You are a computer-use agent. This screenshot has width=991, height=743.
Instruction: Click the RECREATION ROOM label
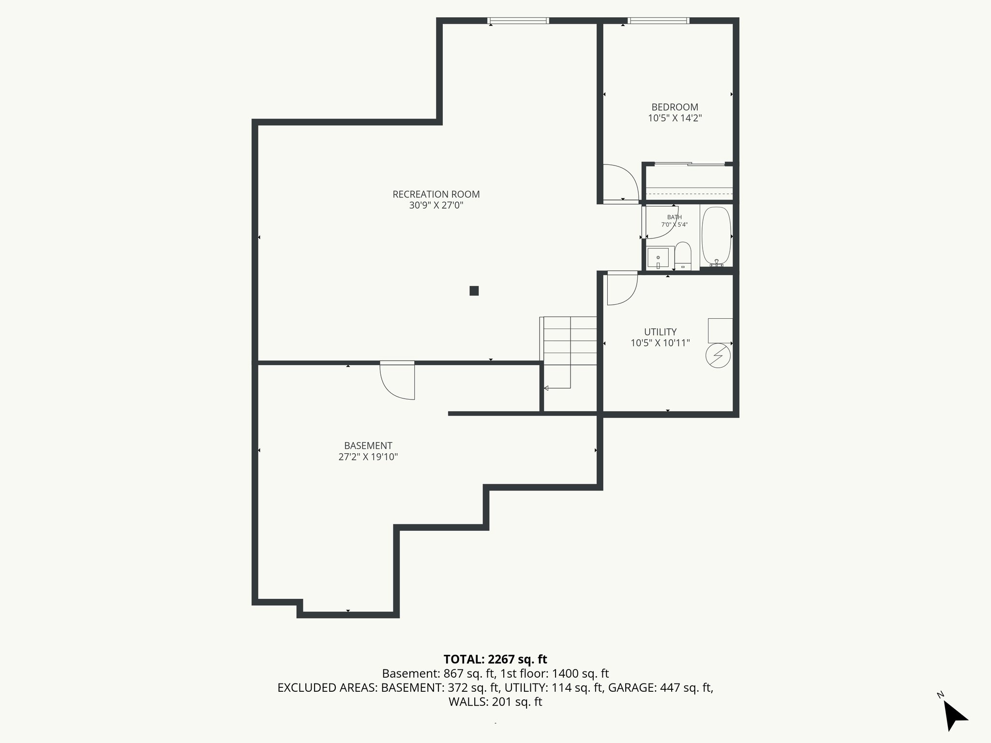[x=436, y=194]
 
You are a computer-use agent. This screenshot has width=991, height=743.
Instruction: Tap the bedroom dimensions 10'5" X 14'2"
[x=675, y=118]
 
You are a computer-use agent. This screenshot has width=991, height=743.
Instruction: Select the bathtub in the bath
[x=716, y=236]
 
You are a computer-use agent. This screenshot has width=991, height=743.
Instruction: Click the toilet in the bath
[x=683, y=255]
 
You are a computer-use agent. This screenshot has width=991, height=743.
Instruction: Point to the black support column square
[x=474, y=291]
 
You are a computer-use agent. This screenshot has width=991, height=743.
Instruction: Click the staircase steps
[x=570, y=341]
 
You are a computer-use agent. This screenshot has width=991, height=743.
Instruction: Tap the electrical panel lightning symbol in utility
[x=718, y=356]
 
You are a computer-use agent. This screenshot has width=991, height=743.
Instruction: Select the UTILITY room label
[x=660, y=332]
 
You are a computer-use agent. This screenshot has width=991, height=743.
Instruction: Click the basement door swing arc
[x=397, y=382]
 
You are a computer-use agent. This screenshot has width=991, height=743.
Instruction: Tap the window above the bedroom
[x=658, y=21]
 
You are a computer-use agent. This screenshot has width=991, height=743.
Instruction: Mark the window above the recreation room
[x=518, y=21]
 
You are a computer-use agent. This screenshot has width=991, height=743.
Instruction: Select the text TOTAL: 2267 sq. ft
[x=495, y=659]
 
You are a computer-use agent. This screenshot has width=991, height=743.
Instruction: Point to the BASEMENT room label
[x=368, y=446]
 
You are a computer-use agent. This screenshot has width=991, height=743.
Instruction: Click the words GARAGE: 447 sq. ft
[x=660, y=687]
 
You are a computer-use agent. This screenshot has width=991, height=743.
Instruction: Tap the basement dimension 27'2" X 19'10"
[x=368, y=457]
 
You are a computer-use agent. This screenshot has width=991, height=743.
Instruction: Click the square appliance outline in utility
[x=720, y=330]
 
